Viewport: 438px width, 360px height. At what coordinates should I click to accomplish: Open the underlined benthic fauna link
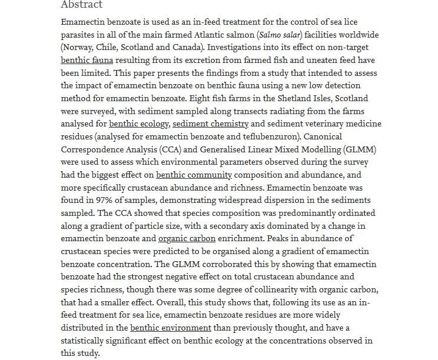click(87, 60)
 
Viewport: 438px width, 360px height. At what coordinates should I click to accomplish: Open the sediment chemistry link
click(211, 124)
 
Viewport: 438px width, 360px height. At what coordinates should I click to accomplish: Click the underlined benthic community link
click(194, 175)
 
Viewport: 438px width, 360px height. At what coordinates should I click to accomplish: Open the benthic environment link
click(171, 328)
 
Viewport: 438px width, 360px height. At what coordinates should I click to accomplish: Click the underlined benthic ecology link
click(139, 124)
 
